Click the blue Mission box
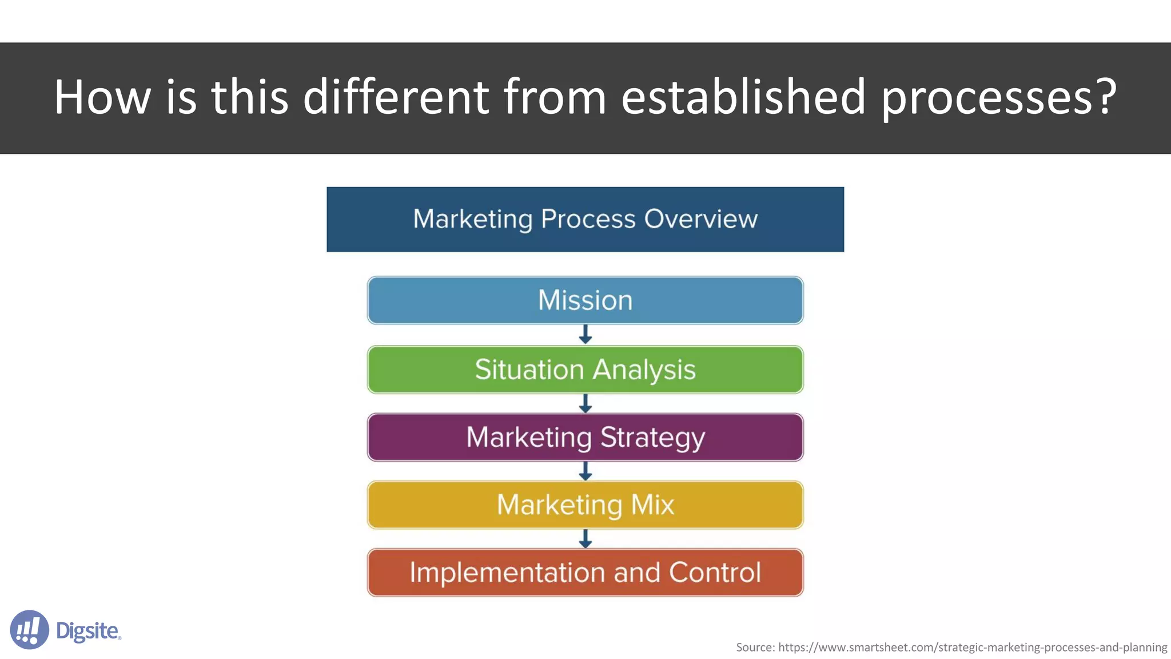[585, 300]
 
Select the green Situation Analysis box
[585, 370]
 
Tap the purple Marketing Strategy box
[585, 437]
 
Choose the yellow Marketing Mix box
[585, 505]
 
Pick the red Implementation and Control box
[585, 572]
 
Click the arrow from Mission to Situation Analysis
[585, 335]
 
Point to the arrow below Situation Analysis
[585, 403]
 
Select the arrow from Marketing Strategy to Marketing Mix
[585, 471]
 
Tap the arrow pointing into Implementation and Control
[585, 539]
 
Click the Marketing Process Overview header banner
[585, 219]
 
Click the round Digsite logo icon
[29, 630]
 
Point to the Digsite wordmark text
[88, 631]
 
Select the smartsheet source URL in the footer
[972, 648]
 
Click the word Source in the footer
[755, 648]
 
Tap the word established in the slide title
[743, 97]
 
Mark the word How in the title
[102, 97]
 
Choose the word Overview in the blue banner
[700, 219]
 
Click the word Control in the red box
[715, 572]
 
